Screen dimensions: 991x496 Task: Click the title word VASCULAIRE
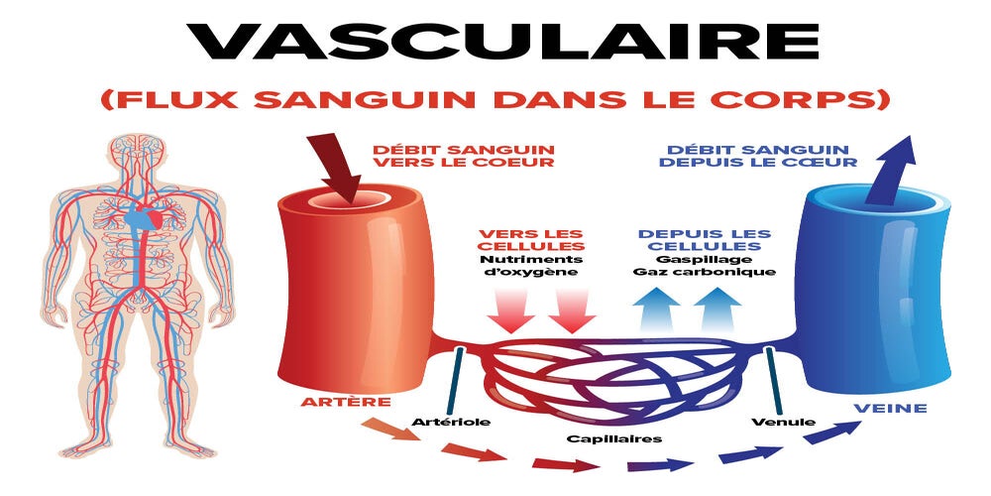coord(495,42)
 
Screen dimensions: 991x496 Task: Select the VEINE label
coord(893,408)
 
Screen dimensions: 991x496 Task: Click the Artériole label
coord(451,423)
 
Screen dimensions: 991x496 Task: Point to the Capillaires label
coord(614,437)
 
